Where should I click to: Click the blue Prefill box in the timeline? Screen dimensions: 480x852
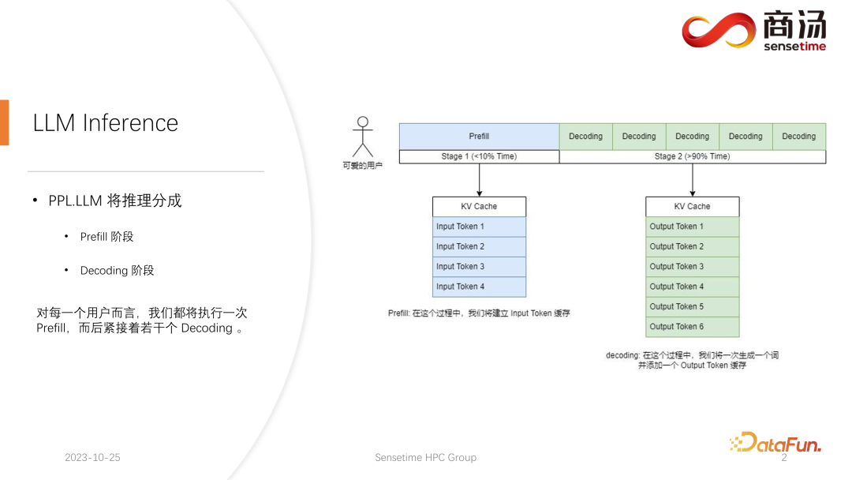(479, 136)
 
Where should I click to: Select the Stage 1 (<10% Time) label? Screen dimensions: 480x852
(479, 156)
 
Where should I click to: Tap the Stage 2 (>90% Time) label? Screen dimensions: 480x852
(692, 156)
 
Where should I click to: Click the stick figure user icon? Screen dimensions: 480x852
(362, 137)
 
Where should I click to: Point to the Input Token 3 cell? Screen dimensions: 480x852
(479, 267)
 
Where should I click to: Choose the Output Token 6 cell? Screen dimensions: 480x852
(692, 327)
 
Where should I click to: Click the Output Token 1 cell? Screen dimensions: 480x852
(692, 227)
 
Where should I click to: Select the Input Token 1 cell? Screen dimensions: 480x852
(479, 227)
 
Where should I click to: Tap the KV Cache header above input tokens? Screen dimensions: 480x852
(479, 206)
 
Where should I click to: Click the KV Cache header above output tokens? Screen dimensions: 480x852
(692, 206)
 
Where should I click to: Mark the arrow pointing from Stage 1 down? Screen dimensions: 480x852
(479, 180)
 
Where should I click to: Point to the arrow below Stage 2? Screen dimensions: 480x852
(692, 180)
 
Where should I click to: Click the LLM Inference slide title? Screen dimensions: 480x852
(106, 123)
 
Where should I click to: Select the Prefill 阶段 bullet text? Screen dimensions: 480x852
(106, 237)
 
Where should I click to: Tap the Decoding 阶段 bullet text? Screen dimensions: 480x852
(117, 271)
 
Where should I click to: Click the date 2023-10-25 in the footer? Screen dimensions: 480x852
(92, 458)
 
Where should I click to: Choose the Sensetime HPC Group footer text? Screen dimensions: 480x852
(425, 458)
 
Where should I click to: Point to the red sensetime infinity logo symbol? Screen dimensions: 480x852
(719, 31)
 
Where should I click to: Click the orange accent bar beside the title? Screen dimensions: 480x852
(4, 122)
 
